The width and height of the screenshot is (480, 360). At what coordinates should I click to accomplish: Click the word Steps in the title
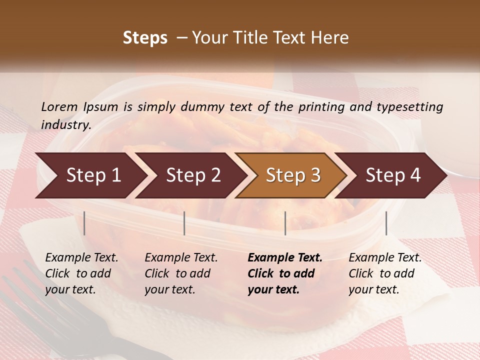click(x=145, y=38)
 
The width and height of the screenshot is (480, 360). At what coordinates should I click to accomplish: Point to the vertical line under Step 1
click(x=84, y=223)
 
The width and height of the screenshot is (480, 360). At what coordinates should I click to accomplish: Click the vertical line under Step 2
click(x=184, y=223)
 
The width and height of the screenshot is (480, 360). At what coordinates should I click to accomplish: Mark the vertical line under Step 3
click(x=285, y=223)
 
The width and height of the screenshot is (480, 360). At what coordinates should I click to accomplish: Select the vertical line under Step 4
click(x=386, y=223)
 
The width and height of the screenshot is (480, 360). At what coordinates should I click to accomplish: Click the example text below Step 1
click(x=81, y=273)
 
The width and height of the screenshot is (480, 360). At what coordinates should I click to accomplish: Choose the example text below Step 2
click(x=181, y=273)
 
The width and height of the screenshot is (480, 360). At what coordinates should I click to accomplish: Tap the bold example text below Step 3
click(x=284, y=273)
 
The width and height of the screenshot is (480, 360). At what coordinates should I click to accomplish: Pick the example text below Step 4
click(x=385, y=273)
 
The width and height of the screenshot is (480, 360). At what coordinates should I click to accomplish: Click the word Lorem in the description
click(x=59, y=106)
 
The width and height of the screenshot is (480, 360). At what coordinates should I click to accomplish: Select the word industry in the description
click(x=66, y=124)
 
